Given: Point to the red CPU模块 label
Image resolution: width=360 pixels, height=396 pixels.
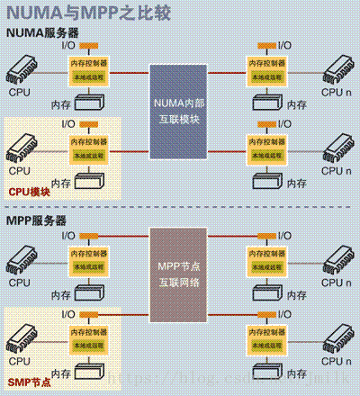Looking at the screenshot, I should (x=30, y=191).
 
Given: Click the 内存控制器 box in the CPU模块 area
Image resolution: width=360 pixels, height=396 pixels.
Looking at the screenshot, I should (x=90, y=142).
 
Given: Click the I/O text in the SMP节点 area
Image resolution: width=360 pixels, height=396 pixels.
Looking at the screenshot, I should (x=68, y=314).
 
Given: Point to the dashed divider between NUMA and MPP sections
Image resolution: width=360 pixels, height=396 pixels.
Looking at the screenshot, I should (x=180, y=208).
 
